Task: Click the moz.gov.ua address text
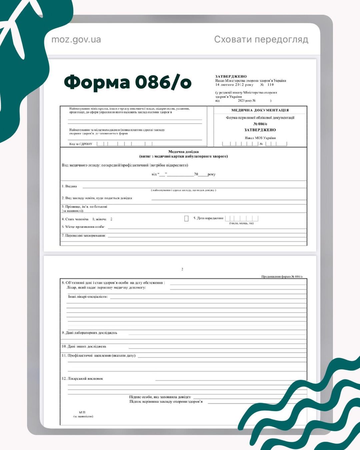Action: click(x=76, y=40)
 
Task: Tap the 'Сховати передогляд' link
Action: click(x=261, y=39)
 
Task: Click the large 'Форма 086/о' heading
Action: click(x=128, y=82)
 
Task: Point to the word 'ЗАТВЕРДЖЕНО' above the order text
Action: click(x=231, y=76)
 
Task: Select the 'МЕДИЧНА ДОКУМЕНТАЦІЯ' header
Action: click(x=260, y=110)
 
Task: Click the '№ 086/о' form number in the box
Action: click(x=260, y=124)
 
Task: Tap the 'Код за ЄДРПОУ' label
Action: click(x=81, y=144)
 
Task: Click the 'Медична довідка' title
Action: click(x=183, y=152)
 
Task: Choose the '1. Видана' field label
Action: click(x=69, y=186)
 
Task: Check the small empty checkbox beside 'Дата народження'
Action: click(x=186, y=218)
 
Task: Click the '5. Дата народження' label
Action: click(x=208, y=218)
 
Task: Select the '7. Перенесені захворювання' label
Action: click(x=84, y=235)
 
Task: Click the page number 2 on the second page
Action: click(x=182, y=269)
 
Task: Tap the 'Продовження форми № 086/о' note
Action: click(x=282, y=277)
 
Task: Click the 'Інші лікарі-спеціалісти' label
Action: click(x=88, y=296)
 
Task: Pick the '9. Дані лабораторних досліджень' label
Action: click(x=89, y=333)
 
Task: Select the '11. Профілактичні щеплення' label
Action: click(x=98, y=356)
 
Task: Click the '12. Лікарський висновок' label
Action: click(x=82, y=379)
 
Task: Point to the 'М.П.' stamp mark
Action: click(x=82, y=412)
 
